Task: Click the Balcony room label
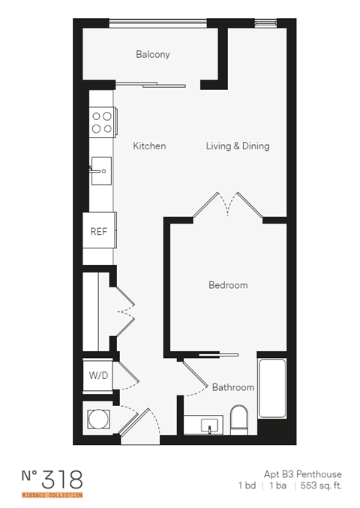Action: point(152,54)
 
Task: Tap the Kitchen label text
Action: point(149,146)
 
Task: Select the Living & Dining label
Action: point(238,146)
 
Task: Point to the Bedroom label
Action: point(227,285)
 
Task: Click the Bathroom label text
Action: point(232,387)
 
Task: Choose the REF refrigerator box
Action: point(99,232)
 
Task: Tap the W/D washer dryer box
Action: point(97,375)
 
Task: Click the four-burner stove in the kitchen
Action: point(102,122)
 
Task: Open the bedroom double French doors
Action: point(229,204)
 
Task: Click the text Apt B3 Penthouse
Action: point(302,474)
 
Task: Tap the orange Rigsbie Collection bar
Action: point(51,495)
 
